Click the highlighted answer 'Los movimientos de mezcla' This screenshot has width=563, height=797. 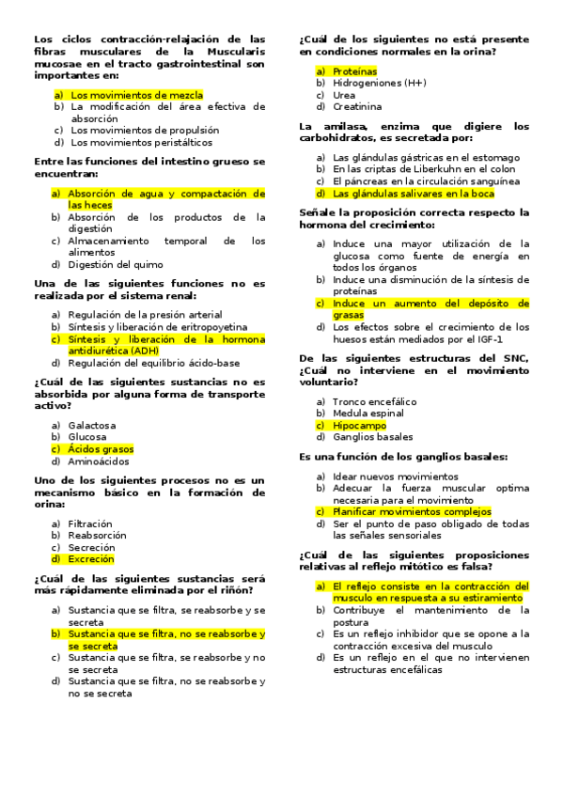[136, 95]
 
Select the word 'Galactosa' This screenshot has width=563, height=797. [92, 425]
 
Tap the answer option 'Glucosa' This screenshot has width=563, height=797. [87, 437]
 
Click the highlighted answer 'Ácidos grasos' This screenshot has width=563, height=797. [101, 449]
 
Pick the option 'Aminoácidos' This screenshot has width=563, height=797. [98, 461]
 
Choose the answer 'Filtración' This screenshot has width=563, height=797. [90, 524]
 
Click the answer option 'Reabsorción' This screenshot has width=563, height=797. [97, 536]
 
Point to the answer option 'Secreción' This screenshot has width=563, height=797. [92, 547]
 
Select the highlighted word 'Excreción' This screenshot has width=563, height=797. [91, 559]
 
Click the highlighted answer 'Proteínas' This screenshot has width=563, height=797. [355, 71]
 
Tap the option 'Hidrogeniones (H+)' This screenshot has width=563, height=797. [380, 83]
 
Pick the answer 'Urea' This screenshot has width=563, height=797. [344, 95]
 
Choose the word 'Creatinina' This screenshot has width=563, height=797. [357, 107]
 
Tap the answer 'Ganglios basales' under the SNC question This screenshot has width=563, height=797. [372, 437]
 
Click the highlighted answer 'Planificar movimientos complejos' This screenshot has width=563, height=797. [412, 512]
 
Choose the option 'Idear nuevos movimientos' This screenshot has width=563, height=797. [383, 477]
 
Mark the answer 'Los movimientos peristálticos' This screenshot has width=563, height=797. [142, 143]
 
